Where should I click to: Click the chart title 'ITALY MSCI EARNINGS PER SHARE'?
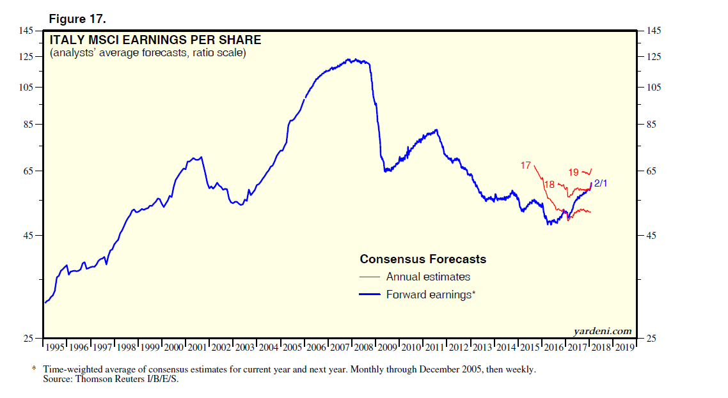[155, 41]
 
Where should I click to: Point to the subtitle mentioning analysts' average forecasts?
[148, 53]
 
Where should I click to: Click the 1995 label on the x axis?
[55, 348]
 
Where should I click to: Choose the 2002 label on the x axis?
[221, 348]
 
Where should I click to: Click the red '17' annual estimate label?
[525, 165]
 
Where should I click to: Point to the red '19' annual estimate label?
[573, 172]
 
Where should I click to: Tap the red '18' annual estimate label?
[549, 185]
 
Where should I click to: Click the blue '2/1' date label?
[601, 184]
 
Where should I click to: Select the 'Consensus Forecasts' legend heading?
[423, 259]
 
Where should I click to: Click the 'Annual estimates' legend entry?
[428, 277]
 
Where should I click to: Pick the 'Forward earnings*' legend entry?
[431, 295]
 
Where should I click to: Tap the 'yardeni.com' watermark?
[603, 330]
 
